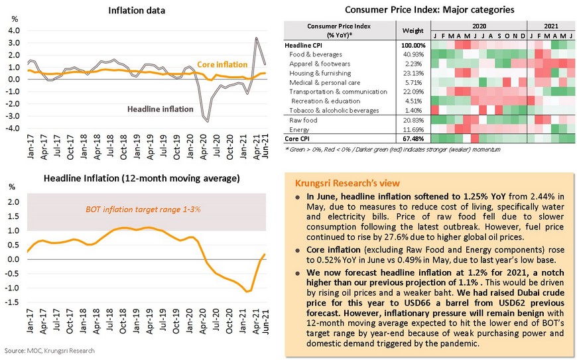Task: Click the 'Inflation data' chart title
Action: (x=138, y=10)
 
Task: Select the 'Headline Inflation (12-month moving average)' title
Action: (x=141, y=179)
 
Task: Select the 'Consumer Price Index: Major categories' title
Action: (x=429, y=10)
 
